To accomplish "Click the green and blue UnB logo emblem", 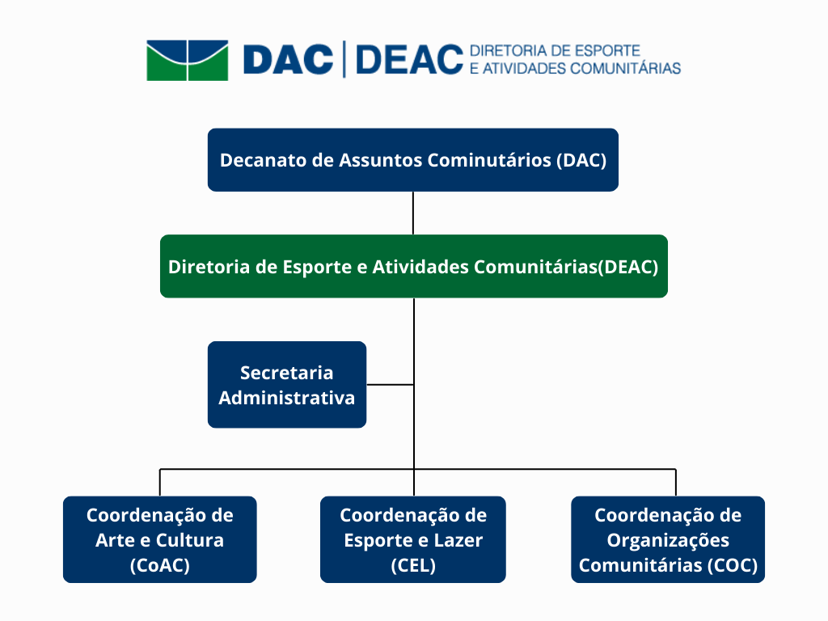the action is [188, 60].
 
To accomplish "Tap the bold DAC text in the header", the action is [289, 59].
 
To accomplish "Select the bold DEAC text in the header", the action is [409, 59].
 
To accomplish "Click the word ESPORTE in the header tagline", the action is [607, 51].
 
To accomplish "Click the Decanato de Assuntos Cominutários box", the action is [413, 160].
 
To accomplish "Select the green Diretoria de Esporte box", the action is [414, 266].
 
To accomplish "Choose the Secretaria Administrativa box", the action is [287, 384].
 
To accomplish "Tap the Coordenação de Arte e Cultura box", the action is [160, 539].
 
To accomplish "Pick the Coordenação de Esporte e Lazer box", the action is [413, 539].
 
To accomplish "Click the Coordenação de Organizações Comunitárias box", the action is [668, 539].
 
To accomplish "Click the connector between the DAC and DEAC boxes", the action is [413, 213].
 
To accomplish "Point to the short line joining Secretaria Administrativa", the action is [391, 384].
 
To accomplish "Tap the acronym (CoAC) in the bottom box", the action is [160, 565].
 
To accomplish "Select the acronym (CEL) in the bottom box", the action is [413, 565].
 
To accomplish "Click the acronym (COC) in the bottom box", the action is [733, 565].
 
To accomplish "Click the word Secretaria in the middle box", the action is [287, 373].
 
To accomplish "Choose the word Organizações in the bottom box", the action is [668, 541].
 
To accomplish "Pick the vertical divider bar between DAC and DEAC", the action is [344, 59].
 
